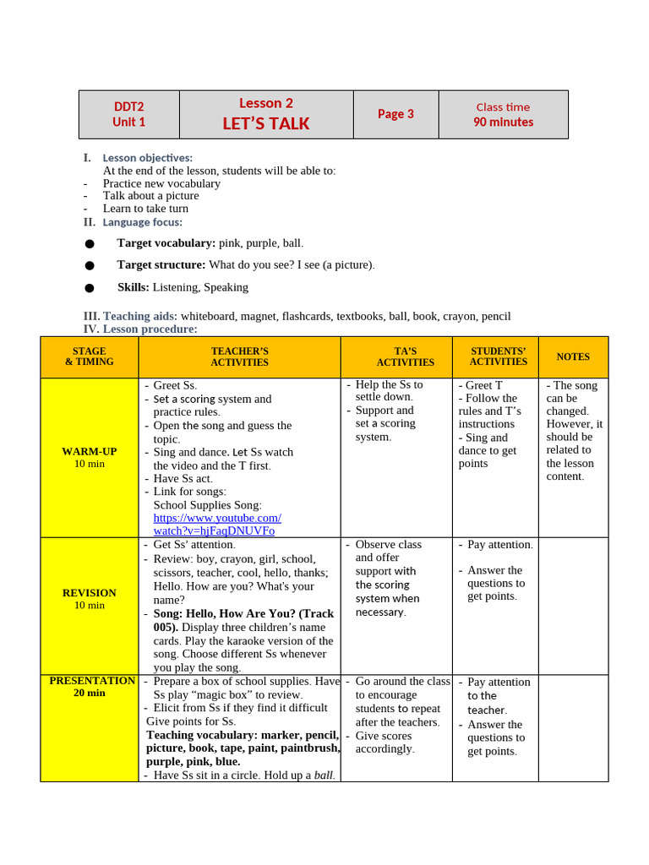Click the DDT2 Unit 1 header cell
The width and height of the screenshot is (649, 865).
pyautogui.click(x=129, y=114)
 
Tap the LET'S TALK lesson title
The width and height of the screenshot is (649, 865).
pyautogui.click(x=265, y=123)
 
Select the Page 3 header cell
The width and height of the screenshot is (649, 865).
pyautogui.click(x=395, y=114)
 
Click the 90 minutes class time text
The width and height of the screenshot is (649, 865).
pyautogui.click(x=503, y=122)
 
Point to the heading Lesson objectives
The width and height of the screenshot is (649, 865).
pyautogui.click(x=147, y=158)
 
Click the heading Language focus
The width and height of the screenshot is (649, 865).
pyautogui.click(x=142, y=222)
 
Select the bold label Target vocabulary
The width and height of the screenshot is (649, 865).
pyautogui.click(x=166, y=243)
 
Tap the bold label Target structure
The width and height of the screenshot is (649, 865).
pyautogui.click(x=161, y=265)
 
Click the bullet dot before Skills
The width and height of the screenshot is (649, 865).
pyautogui.click(x=90, y=288)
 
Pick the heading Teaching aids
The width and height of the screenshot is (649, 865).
pyautogui.click(x=139, y=317)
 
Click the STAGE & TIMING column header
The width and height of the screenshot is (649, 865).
pyautogui.click(x=90, y=356)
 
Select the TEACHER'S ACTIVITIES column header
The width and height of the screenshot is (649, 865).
pyautogui.click(x=239, y=356)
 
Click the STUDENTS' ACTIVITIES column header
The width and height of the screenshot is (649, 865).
pyautogui.click(x=498, y=356)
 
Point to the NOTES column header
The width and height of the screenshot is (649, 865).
pyautogui.click(x=573, y=356)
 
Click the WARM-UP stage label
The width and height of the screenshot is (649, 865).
pyautogui.click(x=90, y=452)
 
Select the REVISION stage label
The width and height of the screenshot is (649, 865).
pyautogui.click(x=90, y=593)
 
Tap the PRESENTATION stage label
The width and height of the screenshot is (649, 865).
pyautogui.click(x=92, y=681)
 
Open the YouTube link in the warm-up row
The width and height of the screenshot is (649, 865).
pyautogui.click(x=216, y=525)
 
